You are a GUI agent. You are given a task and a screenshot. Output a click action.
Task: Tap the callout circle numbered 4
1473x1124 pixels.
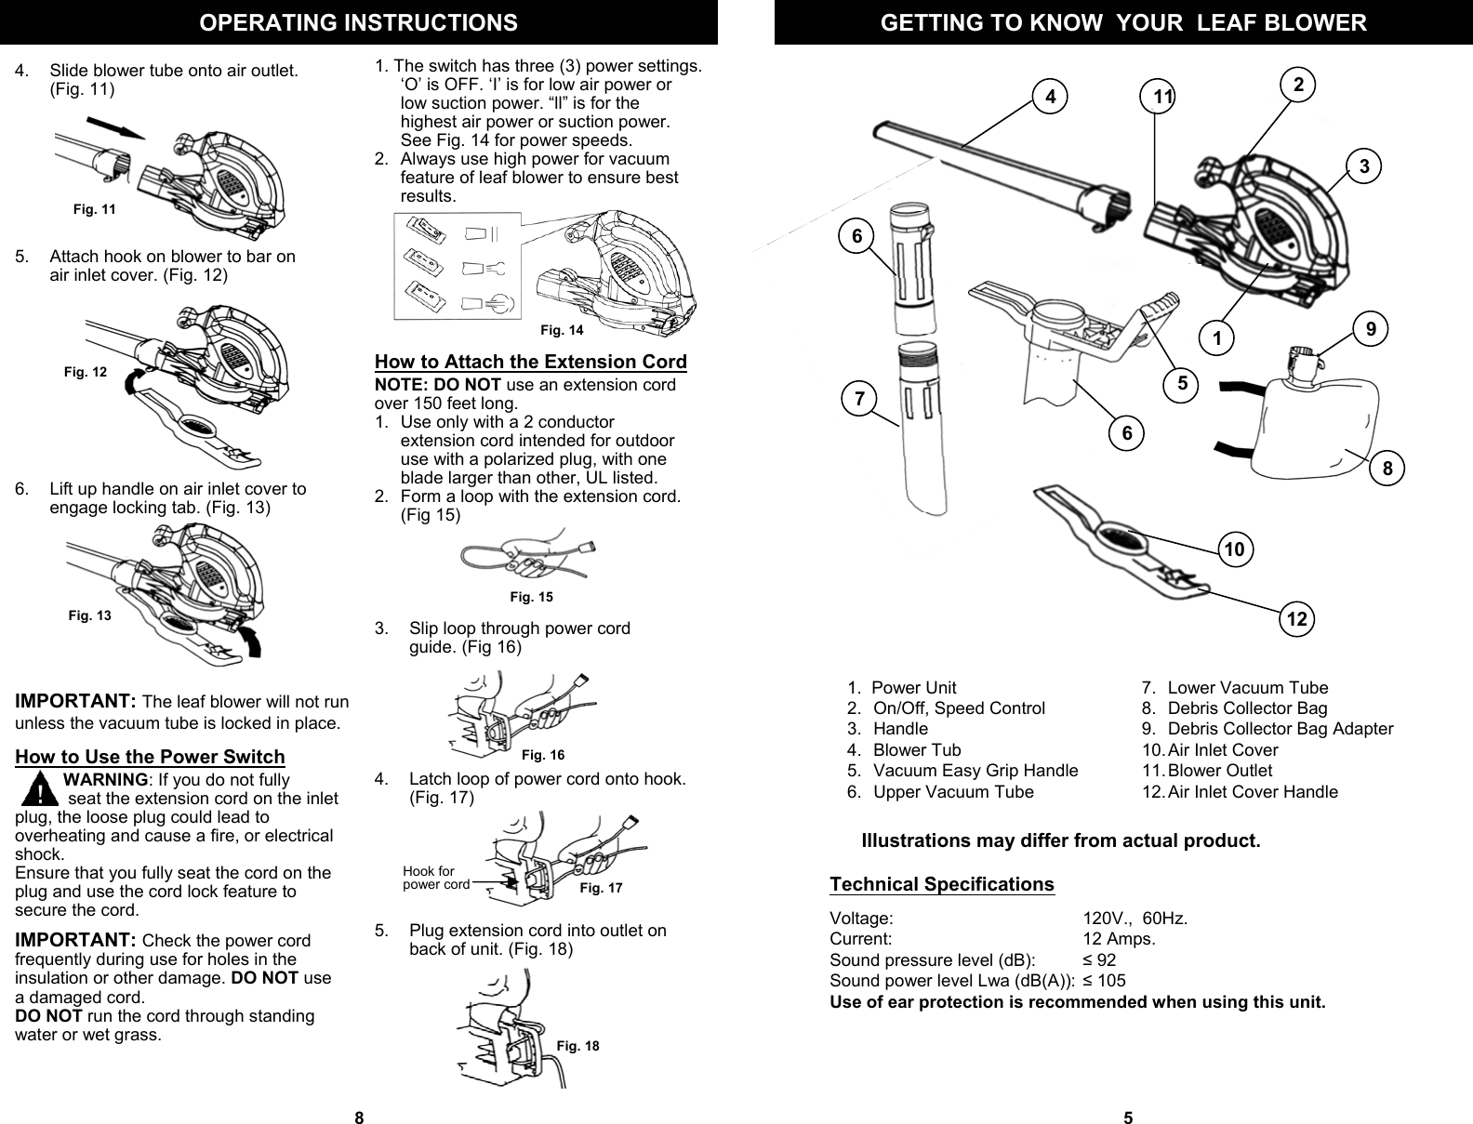point(1050,96)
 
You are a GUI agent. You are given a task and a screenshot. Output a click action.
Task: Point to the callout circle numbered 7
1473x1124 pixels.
point(858,401)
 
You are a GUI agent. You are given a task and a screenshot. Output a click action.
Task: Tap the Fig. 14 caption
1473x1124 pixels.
point(562,330)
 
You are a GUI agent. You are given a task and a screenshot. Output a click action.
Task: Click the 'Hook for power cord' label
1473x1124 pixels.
point(435,878)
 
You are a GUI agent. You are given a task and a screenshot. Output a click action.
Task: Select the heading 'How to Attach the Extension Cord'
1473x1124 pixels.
point(530,362)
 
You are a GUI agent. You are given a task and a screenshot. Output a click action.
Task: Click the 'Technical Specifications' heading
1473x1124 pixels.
point(941,883)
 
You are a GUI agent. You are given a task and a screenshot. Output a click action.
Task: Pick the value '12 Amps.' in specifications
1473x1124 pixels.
point(1120,939)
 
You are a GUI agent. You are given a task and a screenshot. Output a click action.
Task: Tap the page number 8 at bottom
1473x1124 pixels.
point(359,1117)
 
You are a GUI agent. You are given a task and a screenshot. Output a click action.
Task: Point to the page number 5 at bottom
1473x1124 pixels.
point(1128,1117)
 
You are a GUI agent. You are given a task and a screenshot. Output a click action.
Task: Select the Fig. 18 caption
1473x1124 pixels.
point(577,1046)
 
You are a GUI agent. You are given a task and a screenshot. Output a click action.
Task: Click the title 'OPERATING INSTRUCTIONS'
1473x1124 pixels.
point(359,22)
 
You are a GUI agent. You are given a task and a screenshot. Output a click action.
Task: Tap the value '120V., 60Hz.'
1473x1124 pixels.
point(1135,919)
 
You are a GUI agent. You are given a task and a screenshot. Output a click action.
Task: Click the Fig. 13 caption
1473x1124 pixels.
point(90,615)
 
